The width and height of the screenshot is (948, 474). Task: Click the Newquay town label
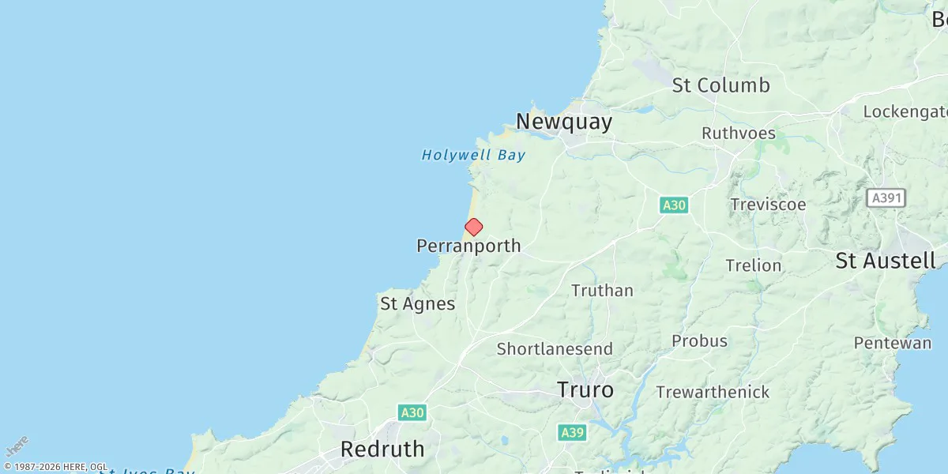tap(563, 122)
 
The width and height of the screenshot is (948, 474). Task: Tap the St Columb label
tap(720, 85)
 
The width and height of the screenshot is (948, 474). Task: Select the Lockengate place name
tap(904, 111)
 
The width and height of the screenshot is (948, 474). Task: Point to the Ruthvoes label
tap(739, 134)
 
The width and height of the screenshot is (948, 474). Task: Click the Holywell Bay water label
tap(473, 156)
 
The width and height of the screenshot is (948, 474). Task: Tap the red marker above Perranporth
tap(473, 228)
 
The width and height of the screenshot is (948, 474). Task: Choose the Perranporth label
tap(468, 246)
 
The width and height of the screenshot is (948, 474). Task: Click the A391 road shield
tap(886, 197)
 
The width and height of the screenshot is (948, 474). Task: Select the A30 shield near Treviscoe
tap(674, 205)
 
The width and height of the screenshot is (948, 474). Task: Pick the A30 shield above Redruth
tap(412, 412)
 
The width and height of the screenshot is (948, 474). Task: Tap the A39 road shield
tap(572, 432)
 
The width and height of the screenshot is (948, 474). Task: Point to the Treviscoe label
tap(768, 205)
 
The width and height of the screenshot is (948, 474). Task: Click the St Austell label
tap(886, 261)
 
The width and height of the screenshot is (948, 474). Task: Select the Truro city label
tap(585, 390)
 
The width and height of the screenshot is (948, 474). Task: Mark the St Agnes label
tap(417, 304)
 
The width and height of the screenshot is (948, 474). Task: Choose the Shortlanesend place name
tap(555, 349)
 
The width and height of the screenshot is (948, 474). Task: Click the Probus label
tap(699, 341)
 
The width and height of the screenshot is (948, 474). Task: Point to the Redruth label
tap(382, 450)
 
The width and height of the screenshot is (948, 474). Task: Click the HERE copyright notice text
tap(55, 467)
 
